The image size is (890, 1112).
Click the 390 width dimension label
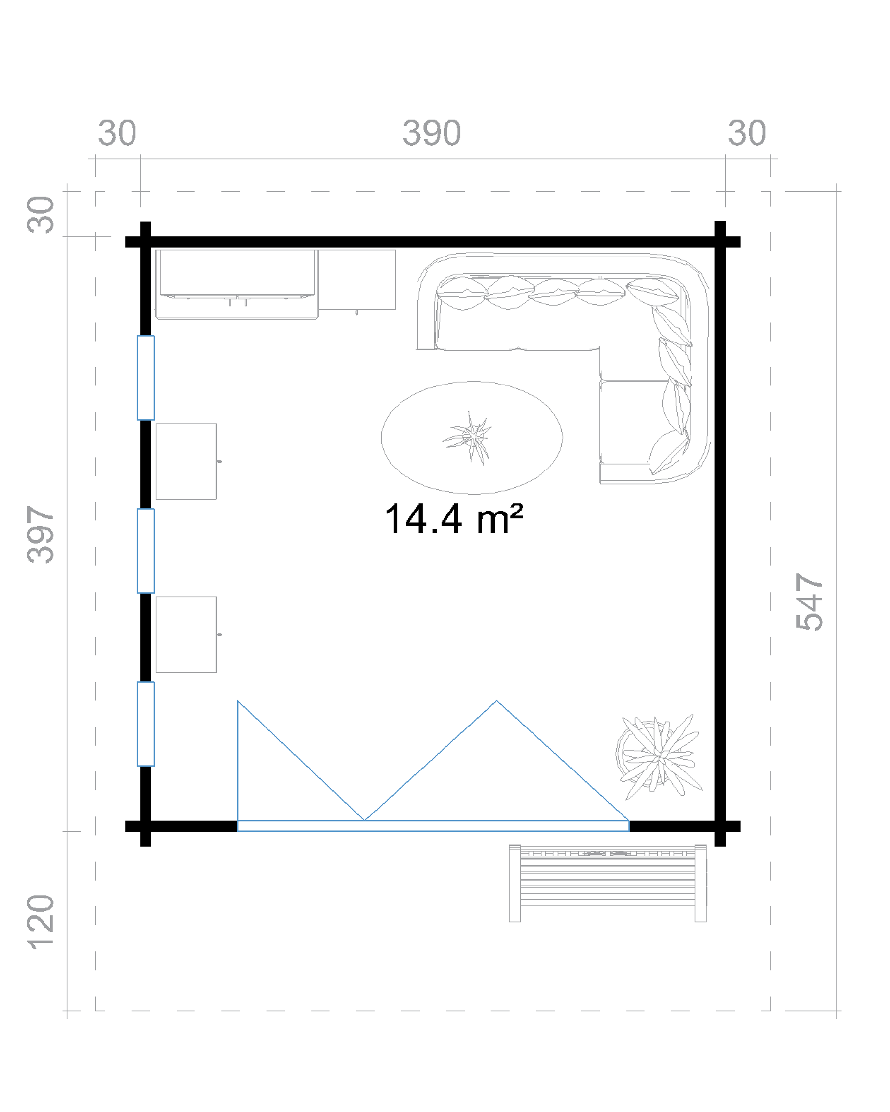click(x=431, y=133)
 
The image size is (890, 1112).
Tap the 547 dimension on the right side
click(x=809, y=601)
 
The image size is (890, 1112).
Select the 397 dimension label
click(x=40, y=534)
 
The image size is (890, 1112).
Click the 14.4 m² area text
click(x=454, y=518)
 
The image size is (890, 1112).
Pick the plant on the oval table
click(x=468, y=437)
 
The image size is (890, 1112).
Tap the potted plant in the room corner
click(x=659, y=756)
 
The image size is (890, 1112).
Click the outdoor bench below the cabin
click(x=607, y=883)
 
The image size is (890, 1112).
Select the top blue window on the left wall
click(x=146, y=378)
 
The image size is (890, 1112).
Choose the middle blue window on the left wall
click(x=146, y=551)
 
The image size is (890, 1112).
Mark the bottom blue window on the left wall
click(x=146, y=724)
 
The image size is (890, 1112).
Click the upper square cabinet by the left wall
click(x=186, y=461)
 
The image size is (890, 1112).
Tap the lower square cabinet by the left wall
click(x=186, y=635)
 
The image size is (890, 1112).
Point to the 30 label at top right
click(x=747, y=133)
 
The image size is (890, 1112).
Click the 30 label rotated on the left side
click(x=40, y=214)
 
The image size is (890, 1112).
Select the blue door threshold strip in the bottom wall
click(x=434, y=826)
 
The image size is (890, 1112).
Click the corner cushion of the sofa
click(x=652, y=291)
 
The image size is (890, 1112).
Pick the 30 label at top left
click(x=118, y=133)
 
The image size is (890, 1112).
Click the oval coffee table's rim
click(x=381, y=437)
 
